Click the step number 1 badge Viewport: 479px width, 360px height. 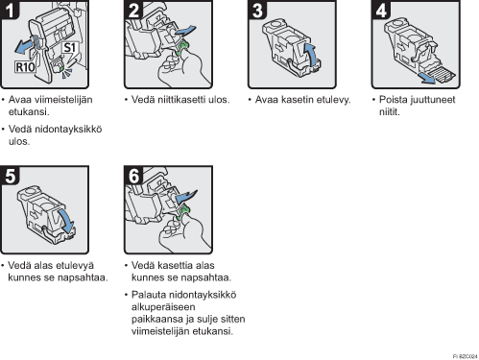click(x=10, y=10)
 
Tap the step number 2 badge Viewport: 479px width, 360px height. click(x=133, y=10)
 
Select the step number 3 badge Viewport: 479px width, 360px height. click(x=257, y=10)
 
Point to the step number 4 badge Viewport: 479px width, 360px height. click(x=381, y=10)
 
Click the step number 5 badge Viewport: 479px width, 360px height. click(x=10, y=176)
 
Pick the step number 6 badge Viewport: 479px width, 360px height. click(x=133, y=176)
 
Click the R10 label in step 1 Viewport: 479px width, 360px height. click(x=25, y=67)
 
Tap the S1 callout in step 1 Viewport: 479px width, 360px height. click(x=69, y=48)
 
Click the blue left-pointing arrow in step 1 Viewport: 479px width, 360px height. click(x=26, y=46)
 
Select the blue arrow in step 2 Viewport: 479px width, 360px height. click(x=185, y=31)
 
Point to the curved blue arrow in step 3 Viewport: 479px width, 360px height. click(x=310, y=55)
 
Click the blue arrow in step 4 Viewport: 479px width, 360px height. click(x=428, y=78)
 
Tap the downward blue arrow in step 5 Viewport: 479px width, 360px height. click(x=66, y=221)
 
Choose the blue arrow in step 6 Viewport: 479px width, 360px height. click(x=186, y=196)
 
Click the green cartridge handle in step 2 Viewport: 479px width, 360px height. click(x=182, y=47)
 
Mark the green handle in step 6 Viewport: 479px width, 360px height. click(x=182, y=212)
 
